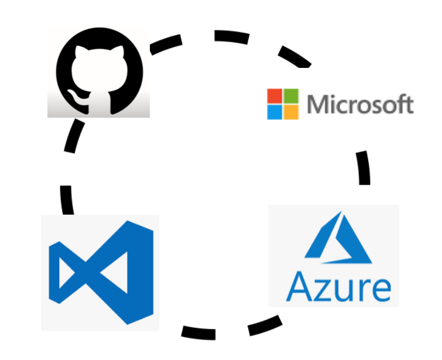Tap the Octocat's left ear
click(x=75, y=51)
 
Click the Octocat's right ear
click(x=121, y=51)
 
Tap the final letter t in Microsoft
click(x=409, y=105)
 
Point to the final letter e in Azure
click(x=379, y=289)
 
